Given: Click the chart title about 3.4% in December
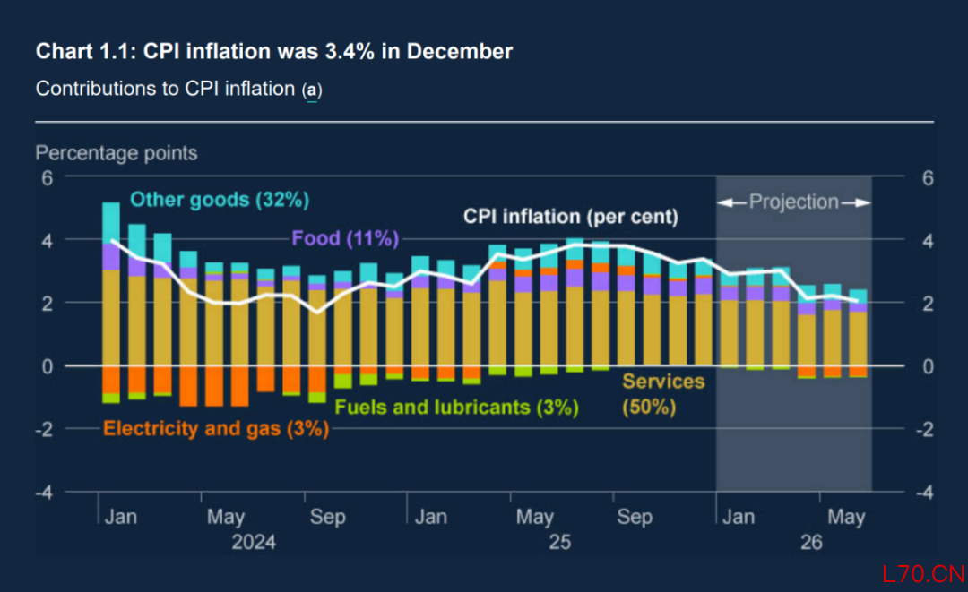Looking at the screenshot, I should pos(273,51).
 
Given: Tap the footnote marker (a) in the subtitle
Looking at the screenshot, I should pos(312,90).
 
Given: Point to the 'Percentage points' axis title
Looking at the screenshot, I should pos(116,153).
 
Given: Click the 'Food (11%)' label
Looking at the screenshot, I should pos(344,238).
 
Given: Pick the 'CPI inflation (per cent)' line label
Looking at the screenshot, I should pos(570,217).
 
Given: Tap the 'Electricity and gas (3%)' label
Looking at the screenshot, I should pos(216,428).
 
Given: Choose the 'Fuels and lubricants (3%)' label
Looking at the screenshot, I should pos(455,408).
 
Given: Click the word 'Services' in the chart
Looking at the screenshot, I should pos(663,382).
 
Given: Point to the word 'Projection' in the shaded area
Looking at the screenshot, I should pos(793,202).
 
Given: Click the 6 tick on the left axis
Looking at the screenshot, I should pos(48,177).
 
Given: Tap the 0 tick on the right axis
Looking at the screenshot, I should pos(928,366).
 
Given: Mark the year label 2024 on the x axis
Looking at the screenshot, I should pos(254,543).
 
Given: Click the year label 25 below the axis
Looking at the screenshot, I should pos(559,543).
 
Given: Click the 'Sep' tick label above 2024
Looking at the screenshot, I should pos(328,518).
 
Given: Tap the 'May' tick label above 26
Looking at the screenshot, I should pos(845,518).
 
